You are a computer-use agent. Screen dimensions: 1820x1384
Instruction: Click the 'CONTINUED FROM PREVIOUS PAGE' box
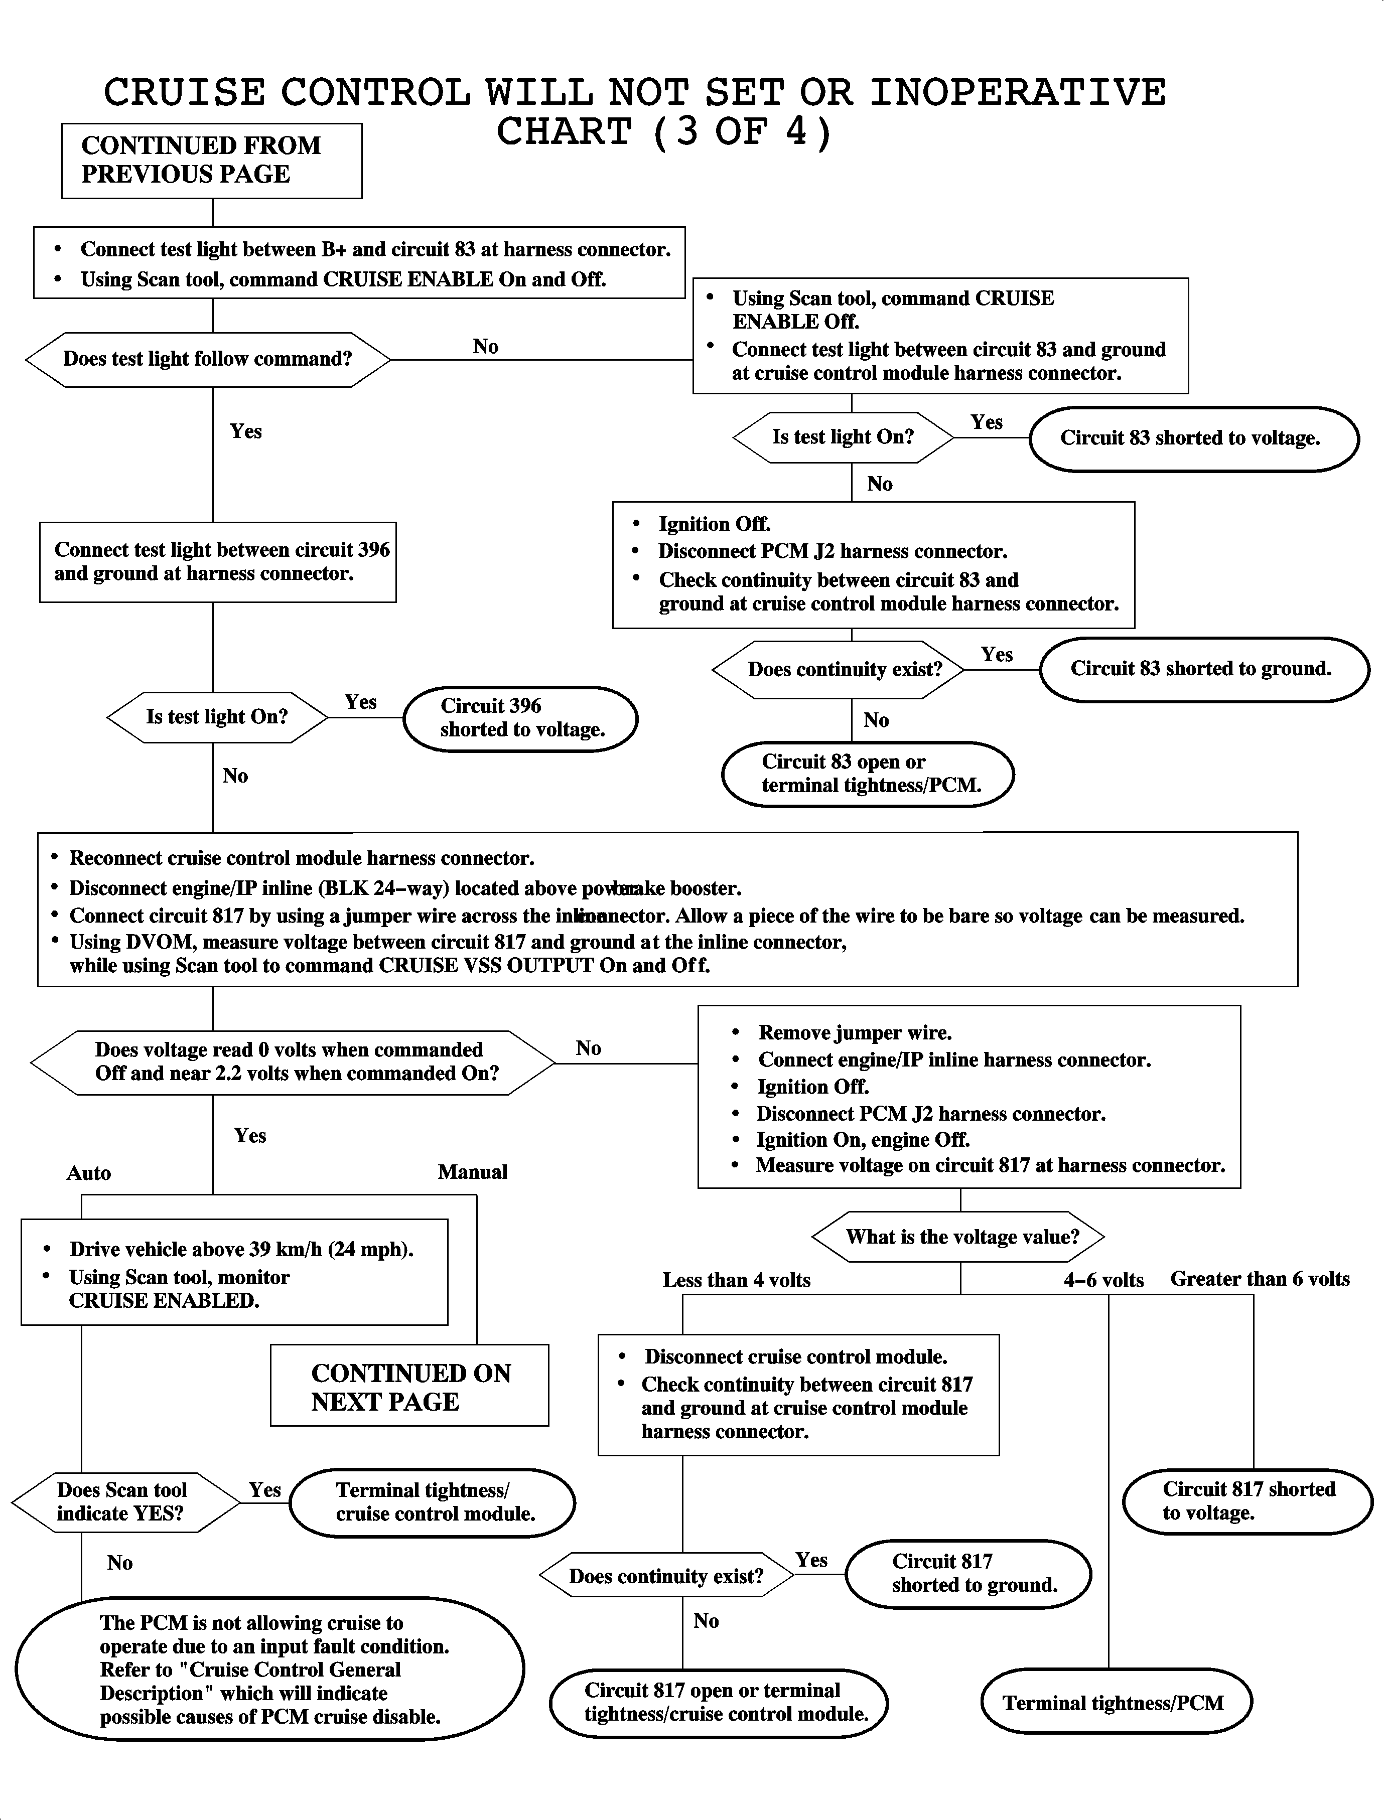coord(212,161)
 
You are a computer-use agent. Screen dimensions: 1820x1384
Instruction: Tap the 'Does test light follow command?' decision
coord(208,359)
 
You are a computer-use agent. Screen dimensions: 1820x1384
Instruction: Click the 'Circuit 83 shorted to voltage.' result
coord(1193,438)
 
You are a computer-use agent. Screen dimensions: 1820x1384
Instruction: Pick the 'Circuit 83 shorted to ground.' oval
coord(1203,669)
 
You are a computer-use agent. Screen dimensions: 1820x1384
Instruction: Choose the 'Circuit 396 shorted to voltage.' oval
coord(521,718)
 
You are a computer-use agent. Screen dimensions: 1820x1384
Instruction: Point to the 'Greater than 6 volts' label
coord(1260,1279)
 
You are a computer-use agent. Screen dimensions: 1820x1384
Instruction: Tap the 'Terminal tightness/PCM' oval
coord(1116,1703)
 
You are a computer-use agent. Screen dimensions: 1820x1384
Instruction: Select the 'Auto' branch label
coord(89,1173)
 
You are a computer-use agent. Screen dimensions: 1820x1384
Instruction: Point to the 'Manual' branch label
coord(472,1172)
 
